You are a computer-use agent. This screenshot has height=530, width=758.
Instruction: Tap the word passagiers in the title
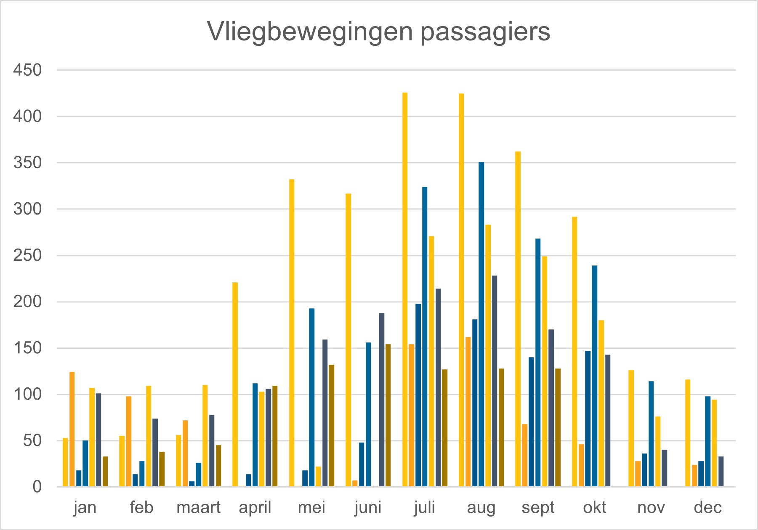coord(485,32)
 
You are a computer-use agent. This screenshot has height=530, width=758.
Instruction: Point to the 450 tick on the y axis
coord(28,70)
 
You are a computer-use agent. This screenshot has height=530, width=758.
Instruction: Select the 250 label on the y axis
coord(28,255)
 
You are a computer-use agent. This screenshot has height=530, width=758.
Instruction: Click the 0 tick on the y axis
coord(37,487)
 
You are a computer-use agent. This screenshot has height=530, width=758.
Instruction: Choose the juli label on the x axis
coord(424,507)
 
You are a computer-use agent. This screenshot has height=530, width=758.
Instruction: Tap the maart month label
coord(198,507)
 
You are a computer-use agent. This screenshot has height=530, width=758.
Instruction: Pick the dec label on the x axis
coord(707,507)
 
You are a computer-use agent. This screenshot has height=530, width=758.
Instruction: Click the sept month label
coord(538,507)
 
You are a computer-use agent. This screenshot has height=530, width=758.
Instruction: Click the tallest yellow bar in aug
coord(461,290)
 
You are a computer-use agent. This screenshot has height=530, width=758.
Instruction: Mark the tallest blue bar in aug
coord(481,324)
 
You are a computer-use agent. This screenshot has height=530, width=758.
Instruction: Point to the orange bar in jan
coord(72,429)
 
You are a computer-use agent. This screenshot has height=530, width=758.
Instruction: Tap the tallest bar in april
coord(235,384)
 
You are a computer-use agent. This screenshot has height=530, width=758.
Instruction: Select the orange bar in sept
coord(524,456)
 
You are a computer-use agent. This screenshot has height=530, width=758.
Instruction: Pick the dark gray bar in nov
coord(664,468)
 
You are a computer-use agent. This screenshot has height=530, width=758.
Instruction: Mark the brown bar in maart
coord(218,466)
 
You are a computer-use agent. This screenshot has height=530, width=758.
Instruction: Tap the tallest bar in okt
coord(574,352)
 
